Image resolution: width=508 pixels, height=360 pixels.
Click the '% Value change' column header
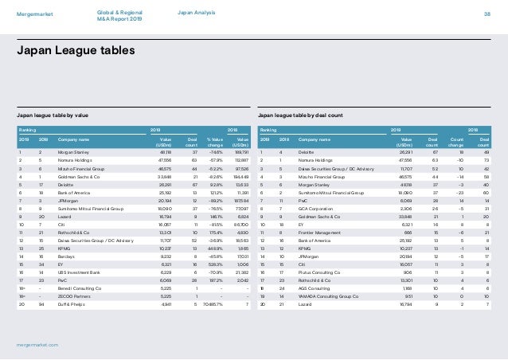[x=213, y=142]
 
